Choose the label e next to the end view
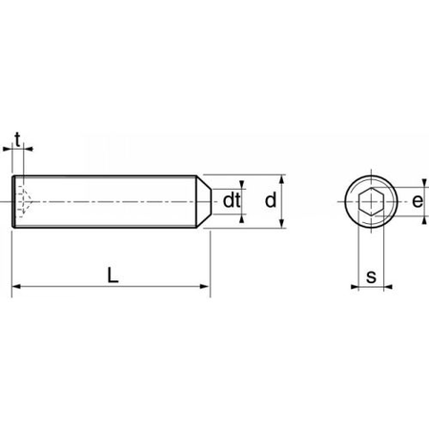416,201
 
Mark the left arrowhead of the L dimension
15,286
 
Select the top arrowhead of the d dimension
283,180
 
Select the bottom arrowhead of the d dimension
283,223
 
